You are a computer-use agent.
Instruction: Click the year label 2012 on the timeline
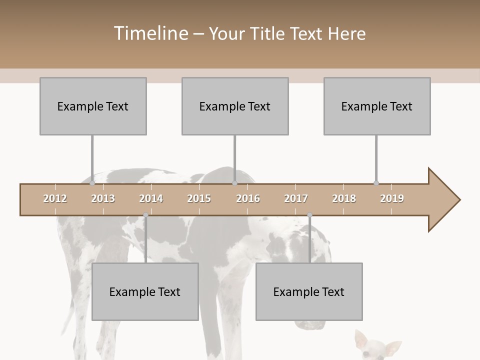55,198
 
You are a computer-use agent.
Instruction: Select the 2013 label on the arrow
103,198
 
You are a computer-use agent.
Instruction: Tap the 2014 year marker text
151,198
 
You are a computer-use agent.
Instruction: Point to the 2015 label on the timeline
199,198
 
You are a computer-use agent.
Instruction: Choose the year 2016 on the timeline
248,198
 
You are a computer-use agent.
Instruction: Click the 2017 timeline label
296,198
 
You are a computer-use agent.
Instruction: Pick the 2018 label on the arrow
344,198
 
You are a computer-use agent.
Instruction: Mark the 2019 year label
392,198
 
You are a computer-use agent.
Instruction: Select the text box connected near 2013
93,106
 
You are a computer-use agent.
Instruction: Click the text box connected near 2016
235,106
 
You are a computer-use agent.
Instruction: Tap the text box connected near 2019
377,106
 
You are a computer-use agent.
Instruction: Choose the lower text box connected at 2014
145,291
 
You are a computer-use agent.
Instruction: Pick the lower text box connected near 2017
309,291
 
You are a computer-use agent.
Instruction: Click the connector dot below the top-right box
376,183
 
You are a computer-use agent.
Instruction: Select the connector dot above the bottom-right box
309,215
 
